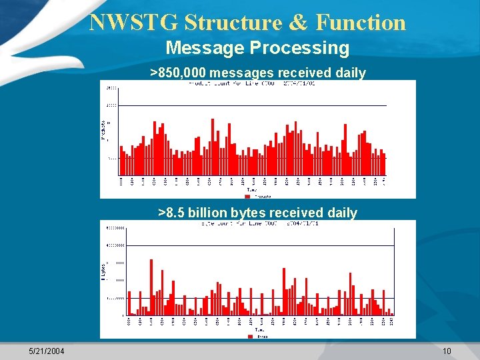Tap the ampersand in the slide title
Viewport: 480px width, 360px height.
299,23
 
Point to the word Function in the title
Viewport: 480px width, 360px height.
361,23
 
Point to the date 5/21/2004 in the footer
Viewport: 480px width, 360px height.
47,351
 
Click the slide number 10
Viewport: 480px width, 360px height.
447,351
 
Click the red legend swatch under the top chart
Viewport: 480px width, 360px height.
247,197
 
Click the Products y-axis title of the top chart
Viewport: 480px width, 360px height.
103,129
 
